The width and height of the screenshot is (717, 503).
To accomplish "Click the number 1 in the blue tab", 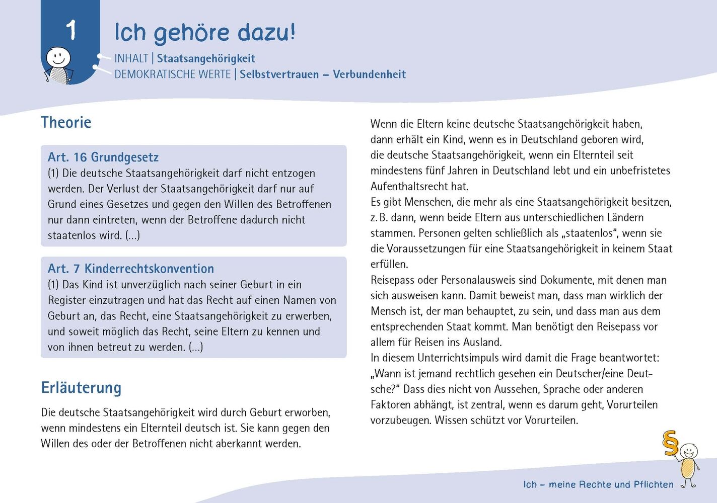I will click(71, 30).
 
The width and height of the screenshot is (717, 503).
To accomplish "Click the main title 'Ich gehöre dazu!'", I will click(204, 32).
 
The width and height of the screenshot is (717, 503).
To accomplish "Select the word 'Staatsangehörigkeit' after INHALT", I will click(206, 58).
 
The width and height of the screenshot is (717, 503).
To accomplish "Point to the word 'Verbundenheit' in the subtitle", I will click(369, 74).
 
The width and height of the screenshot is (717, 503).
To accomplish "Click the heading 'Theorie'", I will click(66, 122).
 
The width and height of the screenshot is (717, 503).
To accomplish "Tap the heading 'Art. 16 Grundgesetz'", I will click(103, 157).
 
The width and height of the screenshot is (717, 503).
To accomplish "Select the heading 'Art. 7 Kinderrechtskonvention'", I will click(131, 269).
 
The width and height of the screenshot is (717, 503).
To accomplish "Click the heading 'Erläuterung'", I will click(81, 388).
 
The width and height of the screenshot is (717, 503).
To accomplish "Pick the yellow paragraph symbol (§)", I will click(670, 443).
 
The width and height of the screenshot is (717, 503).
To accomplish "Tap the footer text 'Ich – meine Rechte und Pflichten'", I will click(598, 484).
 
